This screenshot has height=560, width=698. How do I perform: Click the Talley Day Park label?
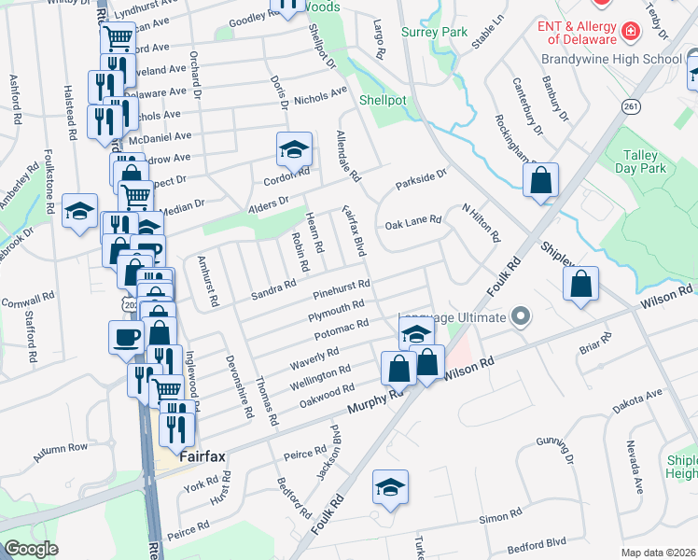coord(640,161)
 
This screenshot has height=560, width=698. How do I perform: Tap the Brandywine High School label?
coord(611,59)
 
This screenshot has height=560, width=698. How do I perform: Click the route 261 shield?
coord(632,107)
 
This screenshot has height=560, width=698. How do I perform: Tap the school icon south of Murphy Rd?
coord(390,486)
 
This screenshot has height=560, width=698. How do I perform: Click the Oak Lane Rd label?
coord(413,222)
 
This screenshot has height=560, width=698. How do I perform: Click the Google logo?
coord(31,549)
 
